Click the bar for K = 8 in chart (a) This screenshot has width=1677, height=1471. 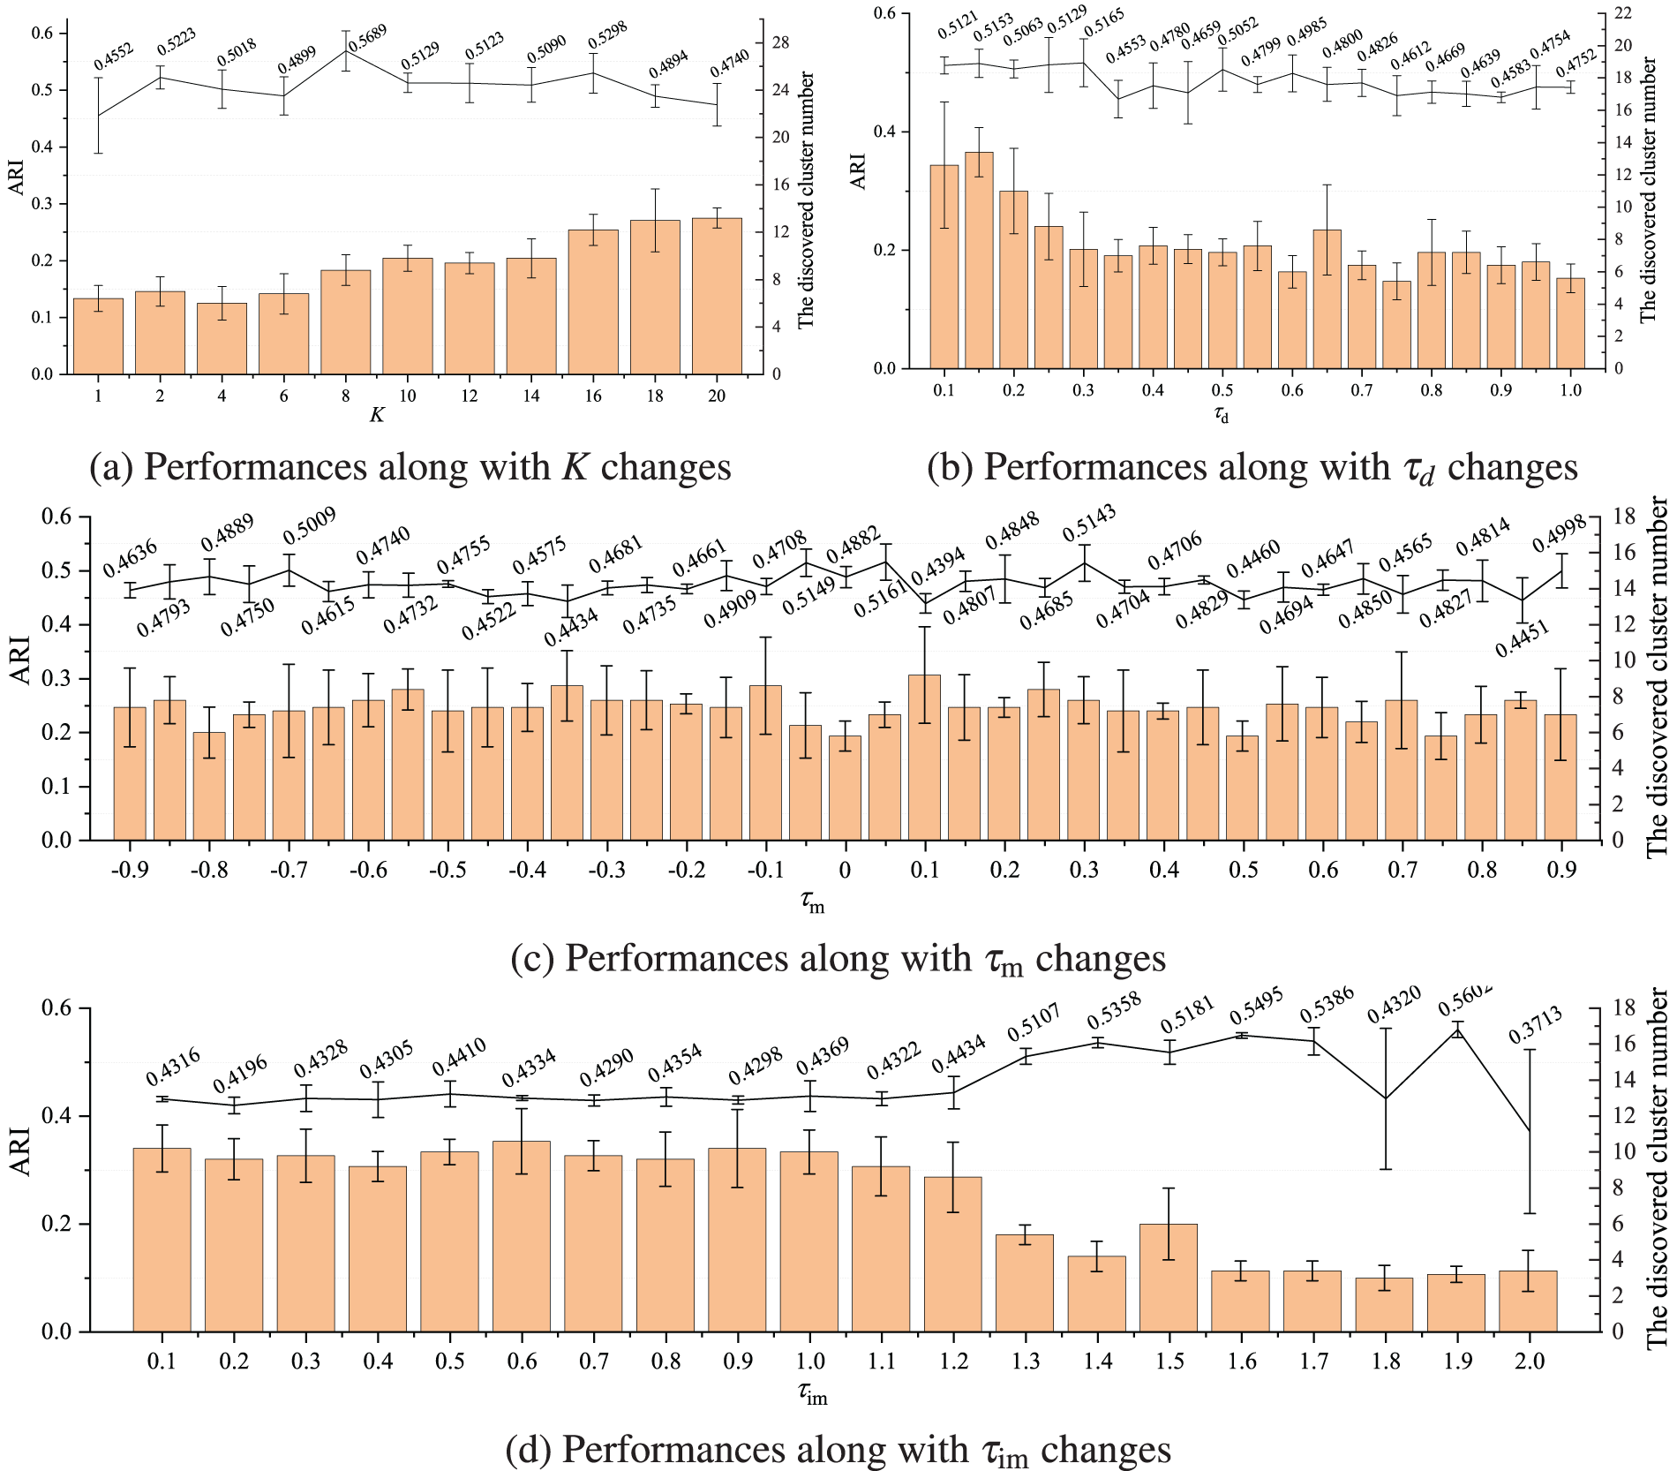coord(345,322)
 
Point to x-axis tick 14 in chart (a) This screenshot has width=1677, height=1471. coord(530,396)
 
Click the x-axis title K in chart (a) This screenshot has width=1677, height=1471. coord(377,415)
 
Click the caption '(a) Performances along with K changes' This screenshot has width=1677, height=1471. coord(410,467)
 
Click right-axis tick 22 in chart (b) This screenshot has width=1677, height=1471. coord(1622,13)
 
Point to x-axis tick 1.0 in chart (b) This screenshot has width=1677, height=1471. coord(1571,390)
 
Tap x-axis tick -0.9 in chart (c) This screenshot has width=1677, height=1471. coord(129,871)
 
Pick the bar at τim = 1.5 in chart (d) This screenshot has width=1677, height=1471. coord(1169,1278)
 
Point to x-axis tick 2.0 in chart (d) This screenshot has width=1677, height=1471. coord(1529,1362)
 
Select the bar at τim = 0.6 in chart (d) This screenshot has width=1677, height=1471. coord(522,1236)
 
